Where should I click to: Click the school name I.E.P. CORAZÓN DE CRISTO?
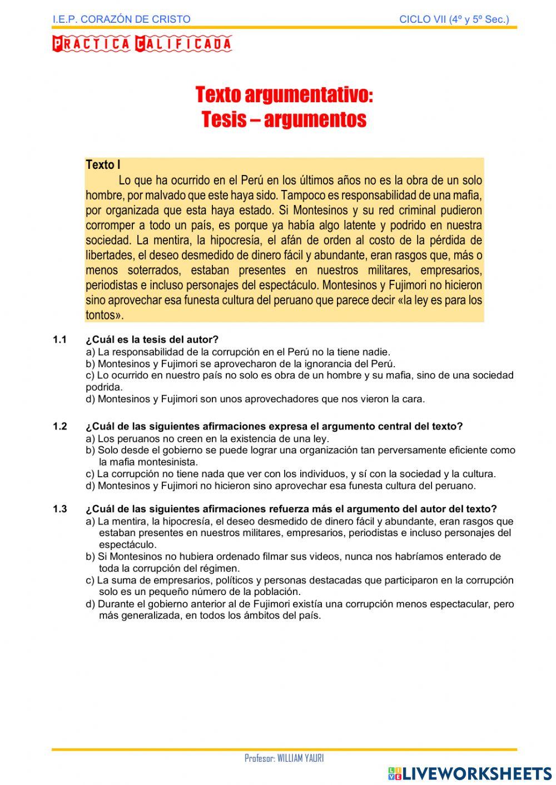pos(121,19)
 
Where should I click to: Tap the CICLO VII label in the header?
pos(454,19)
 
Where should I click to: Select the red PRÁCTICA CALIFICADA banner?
pos(142,44)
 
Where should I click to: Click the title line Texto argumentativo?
pos(284,95)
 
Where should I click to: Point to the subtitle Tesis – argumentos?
pos(284,119)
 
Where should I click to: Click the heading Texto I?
pos(103,165)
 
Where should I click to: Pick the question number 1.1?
pos(59,339)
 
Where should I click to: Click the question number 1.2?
pos(59,427)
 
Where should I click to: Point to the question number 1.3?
pos(59,509)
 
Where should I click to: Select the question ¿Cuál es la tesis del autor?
pos(152,339)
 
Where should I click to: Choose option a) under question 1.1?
pos(238,352)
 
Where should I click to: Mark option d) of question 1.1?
pos(255,399)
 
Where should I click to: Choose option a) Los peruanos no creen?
pos(207,438)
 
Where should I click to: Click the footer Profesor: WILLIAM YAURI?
pos(284,758)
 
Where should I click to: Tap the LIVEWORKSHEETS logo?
pos(470,773)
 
